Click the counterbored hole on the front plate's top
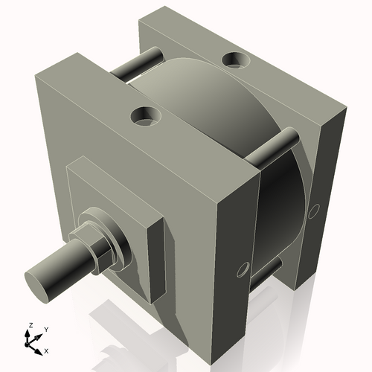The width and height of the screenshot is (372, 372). point(144,115)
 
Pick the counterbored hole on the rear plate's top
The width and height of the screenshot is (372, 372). point(237,57)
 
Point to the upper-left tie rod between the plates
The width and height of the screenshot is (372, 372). point(138,64)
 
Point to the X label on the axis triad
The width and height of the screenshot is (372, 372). point(47,350)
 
